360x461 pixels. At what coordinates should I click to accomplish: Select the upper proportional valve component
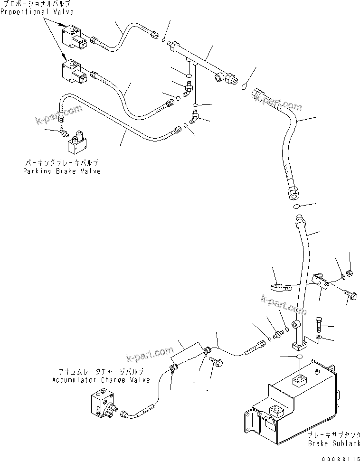tap(74, 36)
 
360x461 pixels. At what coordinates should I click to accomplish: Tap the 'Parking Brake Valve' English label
tap(62, 171)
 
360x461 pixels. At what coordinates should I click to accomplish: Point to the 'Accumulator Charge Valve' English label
tap(101, 380)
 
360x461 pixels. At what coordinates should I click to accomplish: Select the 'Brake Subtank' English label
tap(332, 443)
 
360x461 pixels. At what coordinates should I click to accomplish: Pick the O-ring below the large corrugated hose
tap(295, 207)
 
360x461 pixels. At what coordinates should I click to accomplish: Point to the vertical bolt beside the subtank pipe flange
tap(319, 326)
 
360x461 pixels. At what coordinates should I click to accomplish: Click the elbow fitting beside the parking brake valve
tap(63, 131)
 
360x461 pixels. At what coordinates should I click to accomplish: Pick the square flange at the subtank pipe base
tap(298, 343)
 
